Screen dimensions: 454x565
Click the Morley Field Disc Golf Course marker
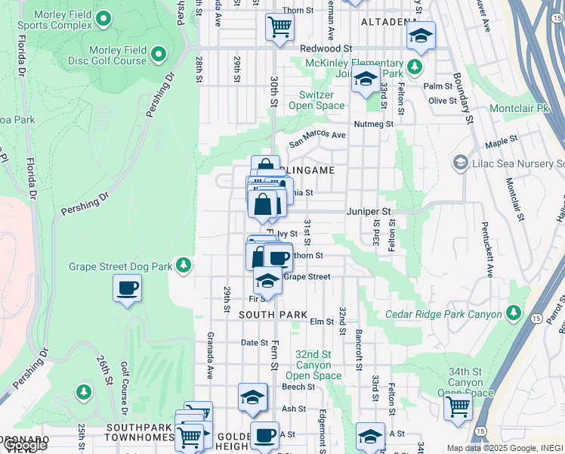click(159, 54)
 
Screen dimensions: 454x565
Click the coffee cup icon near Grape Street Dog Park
click(127, 288)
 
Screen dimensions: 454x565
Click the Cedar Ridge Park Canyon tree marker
click(514, 313)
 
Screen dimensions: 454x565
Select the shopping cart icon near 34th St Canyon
click(458, 406)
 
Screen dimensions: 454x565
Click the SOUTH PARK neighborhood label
click(273, 315)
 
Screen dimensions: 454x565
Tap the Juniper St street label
click(369, 212)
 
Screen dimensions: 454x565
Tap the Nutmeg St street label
click(374, 124)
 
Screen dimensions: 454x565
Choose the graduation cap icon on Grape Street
click(267, 280)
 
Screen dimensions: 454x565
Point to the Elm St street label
click(322, 322)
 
